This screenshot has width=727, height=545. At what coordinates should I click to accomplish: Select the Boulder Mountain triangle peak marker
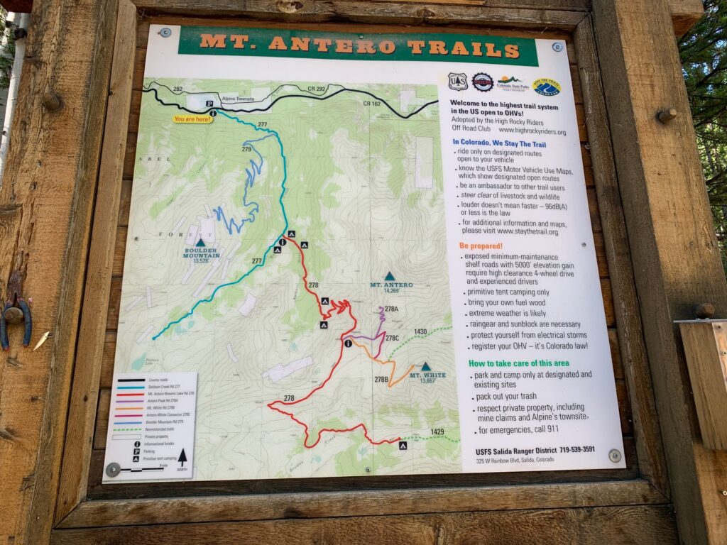[200, 243]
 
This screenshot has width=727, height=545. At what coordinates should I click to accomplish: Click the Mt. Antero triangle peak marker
[389, 276]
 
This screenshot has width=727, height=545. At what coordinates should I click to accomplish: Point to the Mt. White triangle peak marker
[425, 367]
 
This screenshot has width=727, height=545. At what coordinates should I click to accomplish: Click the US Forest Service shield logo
[458, 82]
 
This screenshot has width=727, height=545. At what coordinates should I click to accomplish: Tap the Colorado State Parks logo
[509, 83]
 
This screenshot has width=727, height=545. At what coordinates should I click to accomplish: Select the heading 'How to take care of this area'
[518, 363]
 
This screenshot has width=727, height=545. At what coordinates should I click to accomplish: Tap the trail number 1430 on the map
[420, 331]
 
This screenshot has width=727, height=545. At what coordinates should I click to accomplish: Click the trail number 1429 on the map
[437, 431]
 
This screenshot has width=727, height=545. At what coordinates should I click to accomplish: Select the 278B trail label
[381, 380]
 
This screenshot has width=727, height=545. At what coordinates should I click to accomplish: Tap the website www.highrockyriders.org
[532, 132]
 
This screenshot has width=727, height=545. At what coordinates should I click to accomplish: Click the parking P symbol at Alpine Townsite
[210, 104]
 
